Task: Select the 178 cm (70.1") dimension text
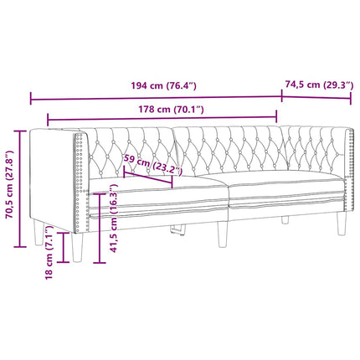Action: [x=167, y=110]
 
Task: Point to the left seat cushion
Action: [x=159, y=198]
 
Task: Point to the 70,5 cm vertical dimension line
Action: [x=21, y=188]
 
